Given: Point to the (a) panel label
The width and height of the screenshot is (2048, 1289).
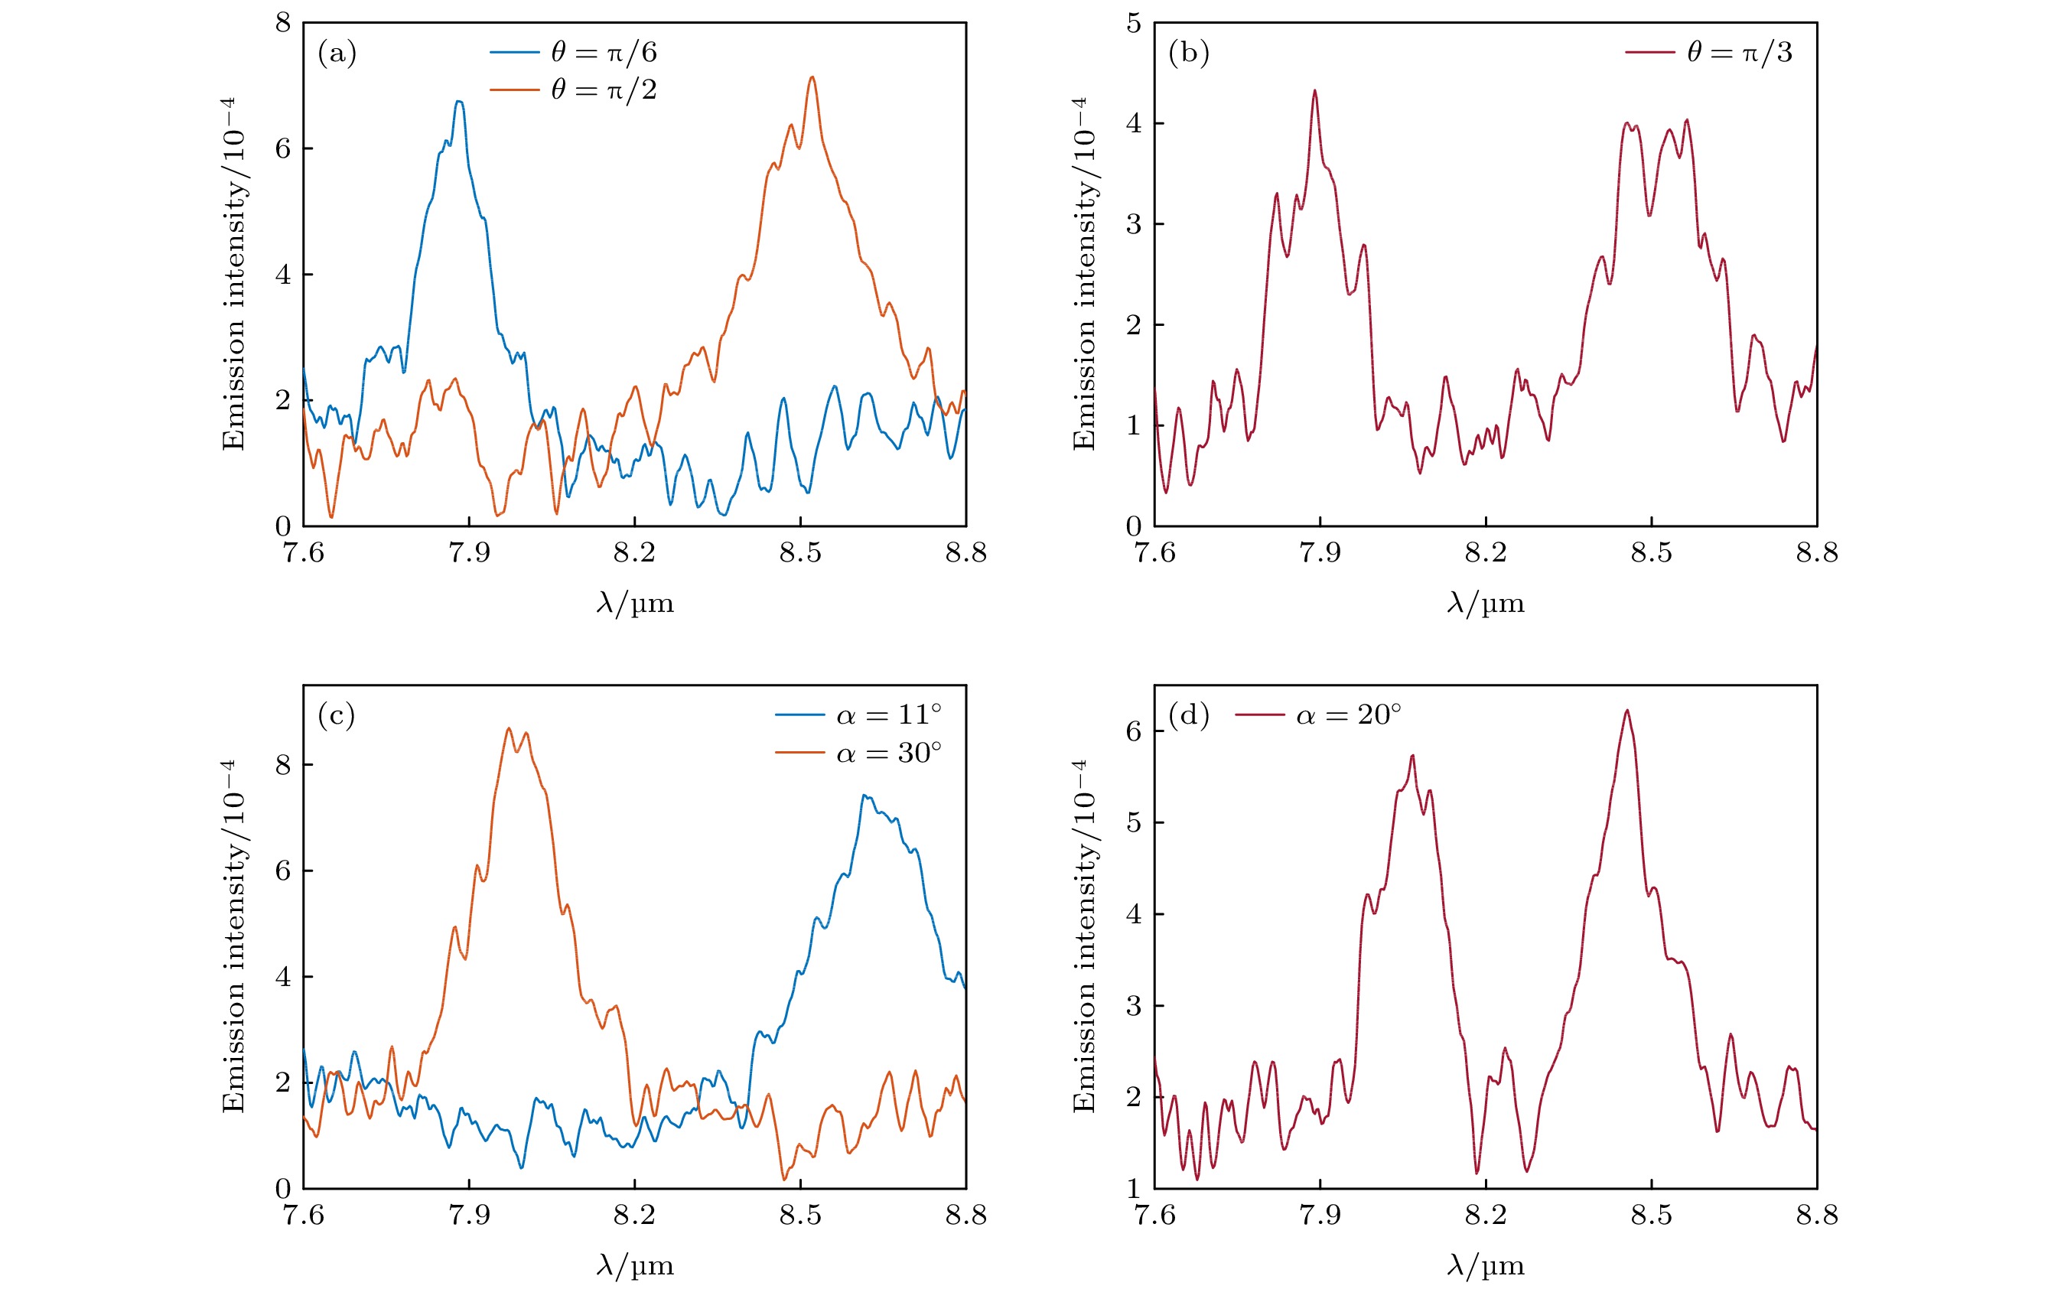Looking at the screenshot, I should (337, 54).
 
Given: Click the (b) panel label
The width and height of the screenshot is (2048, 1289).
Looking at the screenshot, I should (1188, 54).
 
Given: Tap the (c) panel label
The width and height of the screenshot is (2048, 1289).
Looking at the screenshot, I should (337, 716).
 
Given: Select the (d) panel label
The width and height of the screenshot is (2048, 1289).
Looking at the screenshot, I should (1188, 716).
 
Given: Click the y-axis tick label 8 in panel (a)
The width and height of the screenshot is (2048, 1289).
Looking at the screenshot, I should (282, 24).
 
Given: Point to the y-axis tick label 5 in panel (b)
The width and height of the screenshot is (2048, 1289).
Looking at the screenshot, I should (1134, 24).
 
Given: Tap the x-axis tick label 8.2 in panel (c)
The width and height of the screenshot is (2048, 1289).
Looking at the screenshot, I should (634, 1215).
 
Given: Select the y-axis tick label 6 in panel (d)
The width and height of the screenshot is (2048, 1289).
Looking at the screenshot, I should (1134, 731).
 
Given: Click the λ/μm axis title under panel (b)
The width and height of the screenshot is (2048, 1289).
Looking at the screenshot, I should (1485, 604).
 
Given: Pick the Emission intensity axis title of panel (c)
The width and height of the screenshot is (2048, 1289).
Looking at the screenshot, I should (233, 936).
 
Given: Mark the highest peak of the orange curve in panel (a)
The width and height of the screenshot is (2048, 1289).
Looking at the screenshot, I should (812, 77).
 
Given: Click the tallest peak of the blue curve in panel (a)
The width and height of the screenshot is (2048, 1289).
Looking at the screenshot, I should (459, 101).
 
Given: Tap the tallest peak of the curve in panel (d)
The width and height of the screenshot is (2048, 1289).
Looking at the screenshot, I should (1627, 710).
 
